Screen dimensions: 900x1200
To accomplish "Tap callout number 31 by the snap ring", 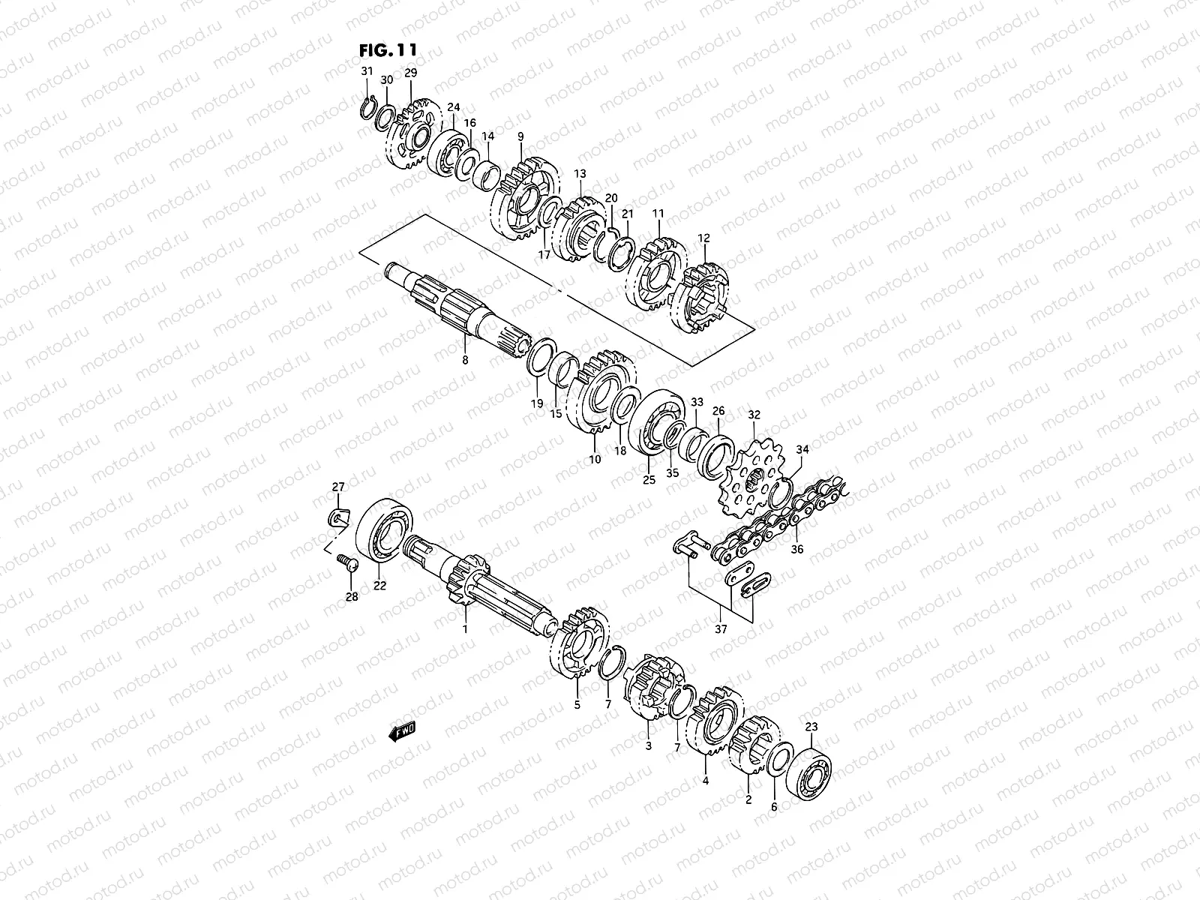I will pos(367,71).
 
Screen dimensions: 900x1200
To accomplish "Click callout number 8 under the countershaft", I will pos(465,361).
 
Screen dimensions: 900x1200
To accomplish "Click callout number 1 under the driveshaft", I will pos(465,628).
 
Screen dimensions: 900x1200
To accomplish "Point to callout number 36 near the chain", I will pos(796,549).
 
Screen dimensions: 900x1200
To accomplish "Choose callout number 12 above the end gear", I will pos(703,238).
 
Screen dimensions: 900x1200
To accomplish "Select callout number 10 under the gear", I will pos(595,459).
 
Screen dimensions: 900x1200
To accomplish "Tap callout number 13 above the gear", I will pos(580,173).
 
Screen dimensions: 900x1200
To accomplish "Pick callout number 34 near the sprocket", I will pos(802,450).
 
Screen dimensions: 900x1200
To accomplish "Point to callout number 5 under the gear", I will pos(577,704).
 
